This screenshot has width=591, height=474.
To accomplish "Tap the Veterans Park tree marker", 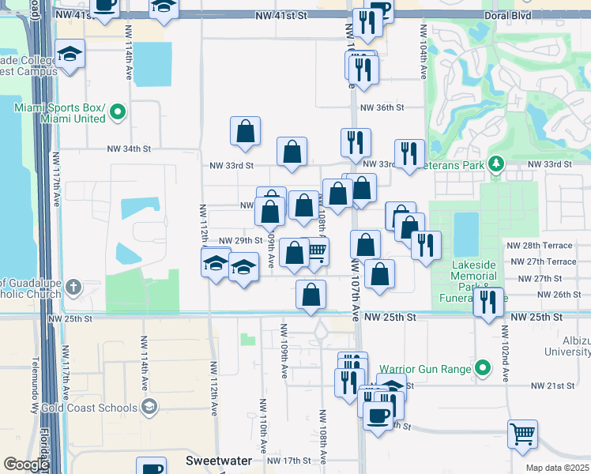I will (495, 164).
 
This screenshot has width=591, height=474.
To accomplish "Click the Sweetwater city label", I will (219, 460).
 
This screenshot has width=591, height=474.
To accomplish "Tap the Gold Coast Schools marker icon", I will (149, 406).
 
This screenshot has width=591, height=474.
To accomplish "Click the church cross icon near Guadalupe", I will (73, 286).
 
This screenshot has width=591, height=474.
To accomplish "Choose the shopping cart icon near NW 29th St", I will (317, 251).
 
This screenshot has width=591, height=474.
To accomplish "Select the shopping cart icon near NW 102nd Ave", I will (522, 433).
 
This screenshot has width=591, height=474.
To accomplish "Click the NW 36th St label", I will (382, 107).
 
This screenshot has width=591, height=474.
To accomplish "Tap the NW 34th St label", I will (129, 149).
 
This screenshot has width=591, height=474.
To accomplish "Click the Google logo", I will (26, 465).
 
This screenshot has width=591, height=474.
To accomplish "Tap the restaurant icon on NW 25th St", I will (489, 301).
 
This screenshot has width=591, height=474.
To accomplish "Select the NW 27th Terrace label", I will (543, 261).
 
